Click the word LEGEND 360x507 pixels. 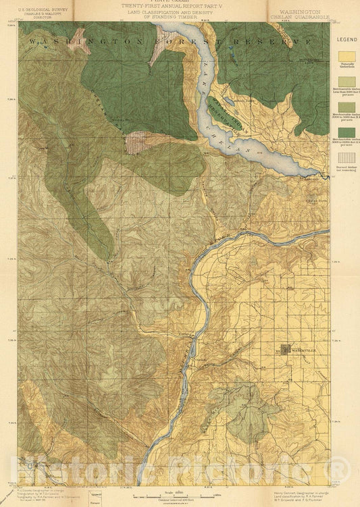(344, 40)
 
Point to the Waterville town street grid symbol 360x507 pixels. (287, 349)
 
